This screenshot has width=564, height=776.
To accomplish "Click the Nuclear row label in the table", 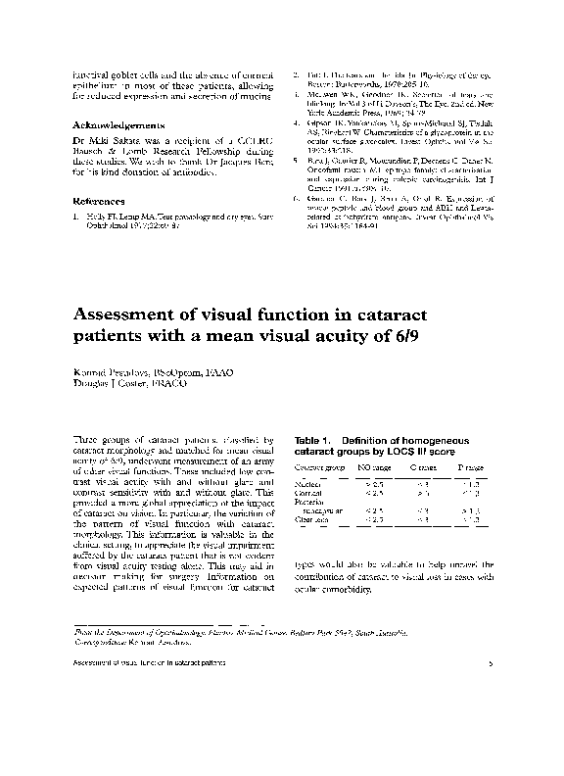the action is point(308,485).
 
